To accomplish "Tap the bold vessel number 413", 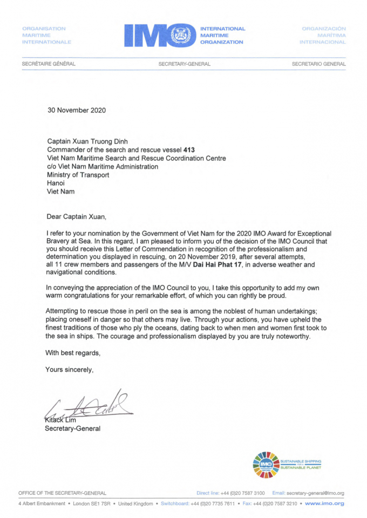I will point(189,150).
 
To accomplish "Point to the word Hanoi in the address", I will point(56,183).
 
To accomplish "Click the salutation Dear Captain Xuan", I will point(77,217).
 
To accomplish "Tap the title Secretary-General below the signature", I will point(72,429).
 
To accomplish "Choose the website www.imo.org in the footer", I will point(324,503).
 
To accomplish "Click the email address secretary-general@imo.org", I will point(315,493).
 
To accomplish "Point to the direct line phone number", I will point(242,493).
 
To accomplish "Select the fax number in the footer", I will point(275,503).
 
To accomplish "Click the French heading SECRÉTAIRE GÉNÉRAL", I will point(49,64).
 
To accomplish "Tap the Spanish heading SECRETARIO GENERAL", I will point(319,64).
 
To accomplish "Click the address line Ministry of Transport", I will point(78,175).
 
